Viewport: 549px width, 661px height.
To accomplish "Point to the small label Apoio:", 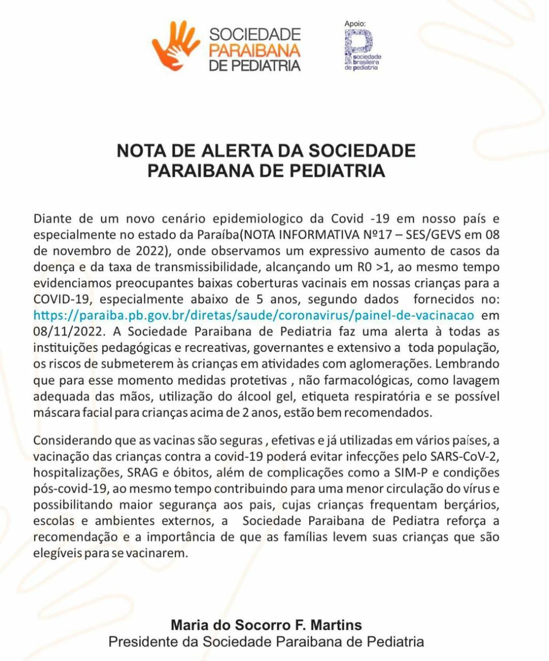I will [x=355, y=23].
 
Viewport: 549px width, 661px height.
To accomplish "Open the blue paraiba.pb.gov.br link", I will [x=253, y=315].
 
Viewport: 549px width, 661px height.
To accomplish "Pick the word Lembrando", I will [x=467, y=363].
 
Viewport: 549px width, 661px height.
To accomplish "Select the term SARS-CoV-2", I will [x=464, y=457].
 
